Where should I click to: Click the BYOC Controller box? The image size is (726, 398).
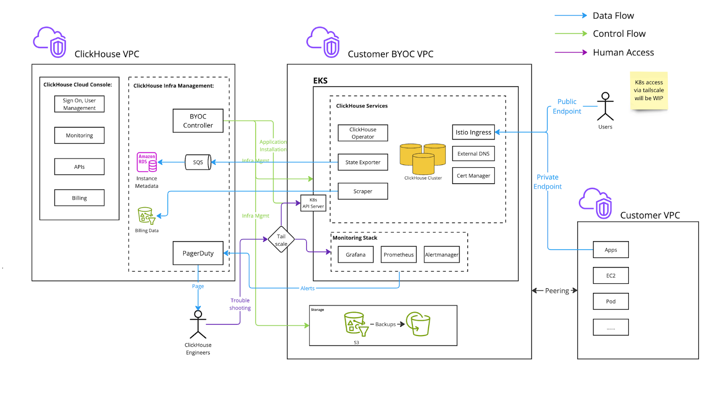pyautogui.click(x=198, y=121)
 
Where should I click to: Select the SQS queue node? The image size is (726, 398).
pyautogui.click(x=198, y=162)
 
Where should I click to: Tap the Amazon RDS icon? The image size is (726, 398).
pyautogui.click(x=147, y=162)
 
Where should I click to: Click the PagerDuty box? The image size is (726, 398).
pyautogui.click(x=198, y=253)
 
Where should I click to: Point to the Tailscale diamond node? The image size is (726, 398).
pyautogui.click(x=281, y=240)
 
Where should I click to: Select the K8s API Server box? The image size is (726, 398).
pyautogui.click(x=313, y=203)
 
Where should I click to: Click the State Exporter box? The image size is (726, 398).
pyautogui.click(x=363, y=162)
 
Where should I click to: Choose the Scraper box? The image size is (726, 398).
pyautogui.click(x=363, y=191)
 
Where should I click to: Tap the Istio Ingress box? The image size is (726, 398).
pyautogui.click(x=473, y=132)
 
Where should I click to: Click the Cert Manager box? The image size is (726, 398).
pyautogui.click(x=473, y=176)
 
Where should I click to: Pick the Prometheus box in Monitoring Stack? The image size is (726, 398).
pyautogui.click(x=398, y=255)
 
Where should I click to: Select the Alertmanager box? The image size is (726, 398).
pyautogui.click(x=441, y=255)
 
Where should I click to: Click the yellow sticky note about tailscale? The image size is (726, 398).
pyautogui.click(x=648, y=91)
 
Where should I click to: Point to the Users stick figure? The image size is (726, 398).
pyautogui.click(x=605, y=107)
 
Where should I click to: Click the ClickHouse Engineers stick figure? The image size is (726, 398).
pyautogui.click(x=198, y=325)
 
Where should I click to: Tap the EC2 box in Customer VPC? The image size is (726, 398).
pyautogui.click(x=611, y=276)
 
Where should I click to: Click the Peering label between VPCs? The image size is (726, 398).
pyautogui.click(x=556, y=291)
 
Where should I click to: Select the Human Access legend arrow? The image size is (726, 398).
pyautogui.click(x=571, y=53)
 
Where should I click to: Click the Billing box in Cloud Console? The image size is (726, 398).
pyautogui.click(x=79, y=198)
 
